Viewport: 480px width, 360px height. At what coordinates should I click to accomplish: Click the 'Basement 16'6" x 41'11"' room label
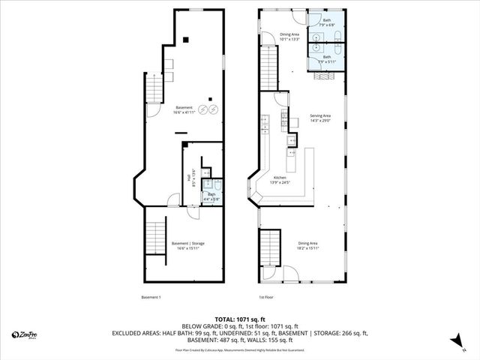click(184, 109)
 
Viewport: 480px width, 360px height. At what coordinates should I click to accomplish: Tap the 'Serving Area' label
click(320, 118)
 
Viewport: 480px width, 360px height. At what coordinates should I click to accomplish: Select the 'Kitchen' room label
click(278, 180)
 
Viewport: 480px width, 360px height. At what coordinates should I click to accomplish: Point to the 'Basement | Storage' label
click(187, 245)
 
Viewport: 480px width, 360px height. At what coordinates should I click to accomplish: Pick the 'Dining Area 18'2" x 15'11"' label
click(307, 245)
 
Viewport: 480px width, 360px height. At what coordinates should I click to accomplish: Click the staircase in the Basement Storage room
click(154, 240)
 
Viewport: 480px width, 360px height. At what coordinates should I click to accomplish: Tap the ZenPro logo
click(24, 334)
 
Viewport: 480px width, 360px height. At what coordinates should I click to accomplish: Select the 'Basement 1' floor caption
click(151, 298)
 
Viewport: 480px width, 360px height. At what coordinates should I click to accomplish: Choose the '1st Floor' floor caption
click(266, 298)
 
